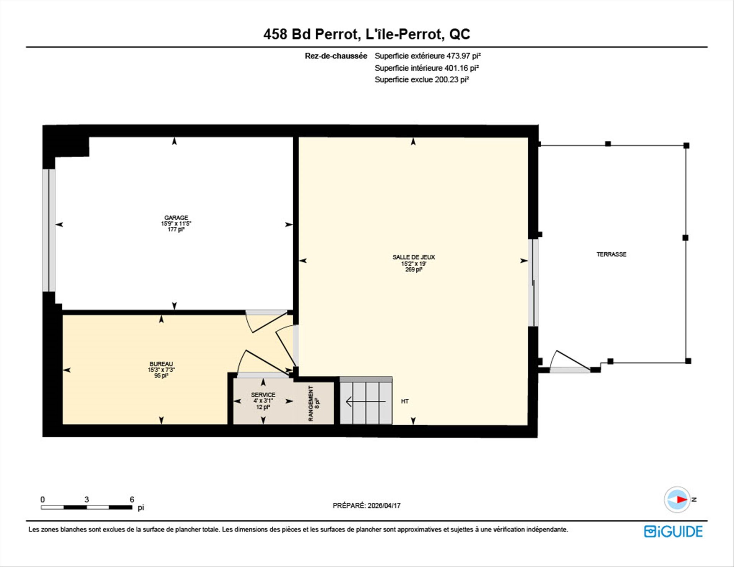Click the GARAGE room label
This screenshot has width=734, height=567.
pyautogui.click(x=176, y=218)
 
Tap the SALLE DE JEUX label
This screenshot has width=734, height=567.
pyautogui.click(x=414, y=257)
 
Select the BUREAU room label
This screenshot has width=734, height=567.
pyautogui.click(x=161, y=364)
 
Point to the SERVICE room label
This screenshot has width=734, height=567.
pyautogui.click(x=263, y=395)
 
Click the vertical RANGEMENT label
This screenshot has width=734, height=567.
pyautogui.click(x=311, y=403)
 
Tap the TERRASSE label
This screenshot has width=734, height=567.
pyautogui.click(x=612, y=254)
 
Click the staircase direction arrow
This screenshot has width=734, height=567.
pyautogui.click(x=365, y=401)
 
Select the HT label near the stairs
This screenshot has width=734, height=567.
pyautogui.click(x=405, y=401)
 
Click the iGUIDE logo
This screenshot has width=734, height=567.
pyautogui.click(x=673, y=531)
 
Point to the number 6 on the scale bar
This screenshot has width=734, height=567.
pyautogui.click(x=132, y=499)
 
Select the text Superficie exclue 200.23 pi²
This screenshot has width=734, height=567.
pyautogui.click(x=422, y=80)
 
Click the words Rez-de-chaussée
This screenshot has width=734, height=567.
pyautogui.click(x=336, y=56)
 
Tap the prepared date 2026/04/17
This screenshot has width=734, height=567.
pyautogui.click(x=384, y=505)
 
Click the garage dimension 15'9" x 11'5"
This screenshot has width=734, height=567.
pyautogui.click(x=176, y=224)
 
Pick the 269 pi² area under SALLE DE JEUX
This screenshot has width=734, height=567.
pyautogui.click(x=414, y=270)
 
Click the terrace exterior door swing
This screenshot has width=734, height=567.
pyautogui.click(x=570, y=361)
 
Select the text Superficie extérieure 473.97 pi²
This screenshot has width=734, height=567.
pyautogui.click(x=428, y=56)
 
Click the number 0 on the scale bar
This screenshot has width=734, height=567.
pyautogui.click(x=42, y=499)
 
